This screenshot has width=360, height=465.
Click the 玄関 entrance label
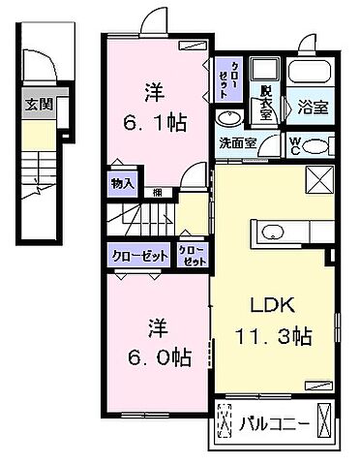click(x=39, y=105)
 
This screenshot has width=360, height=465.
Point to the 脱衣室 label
click(x=265, y=101)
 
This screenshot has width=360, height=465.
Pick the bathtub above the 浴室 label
click(x=310, y=77)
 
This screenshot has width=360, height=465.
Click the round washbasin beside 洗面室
click(x=229, y=118)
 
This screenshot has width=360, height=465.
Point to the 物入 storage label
click(x=123, y=181)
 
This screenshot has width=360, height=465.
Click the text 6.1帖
click(x=153, y=123)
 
